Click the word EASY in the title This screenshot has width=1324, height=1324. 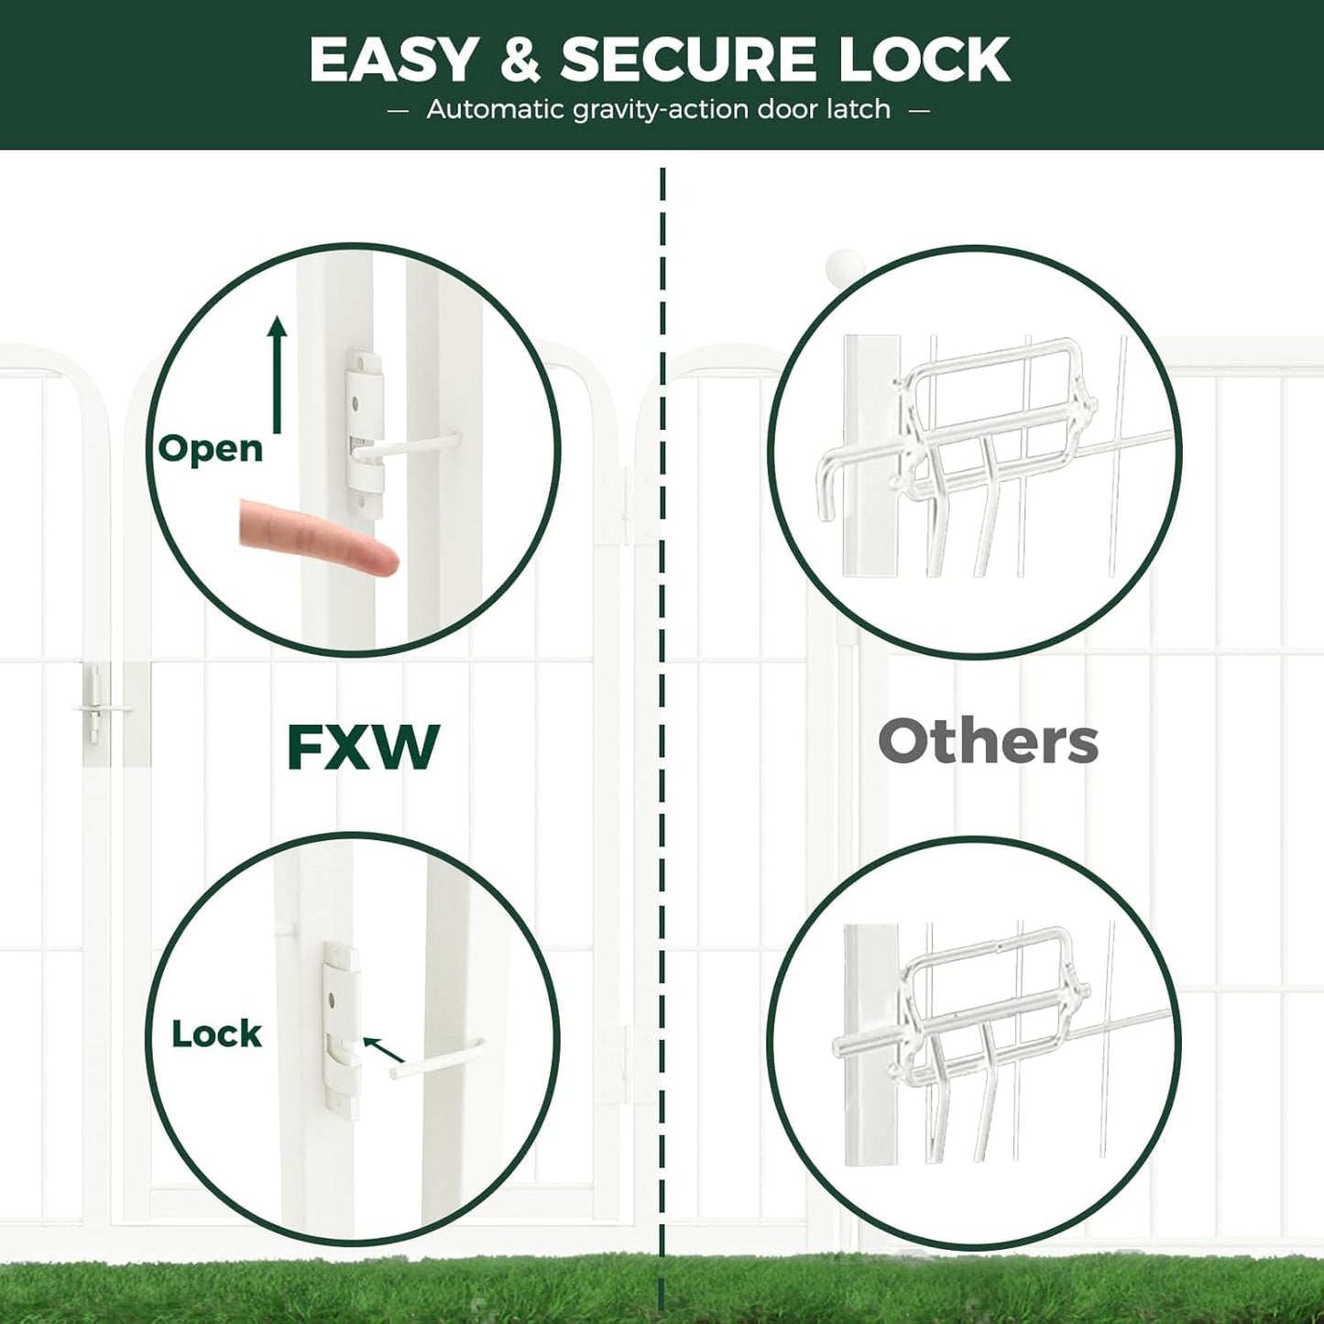(393, 60)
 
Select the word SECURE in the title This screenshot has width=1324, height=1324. (688, 60)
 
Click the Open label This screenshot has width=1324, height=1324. (211, 449)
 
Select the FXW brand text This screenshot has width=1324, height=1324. (363, 748)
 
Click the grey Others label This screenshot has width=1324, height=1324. (988, 741)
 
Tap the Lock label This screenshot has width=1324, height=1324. (216, 1034)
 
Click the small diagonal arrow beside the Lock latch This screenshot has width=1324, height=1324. (384, 1050)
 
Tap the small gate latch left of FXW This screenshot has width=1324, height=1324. (94, 704)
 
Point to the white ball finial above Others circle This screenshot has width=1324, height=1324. (843, 267)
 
